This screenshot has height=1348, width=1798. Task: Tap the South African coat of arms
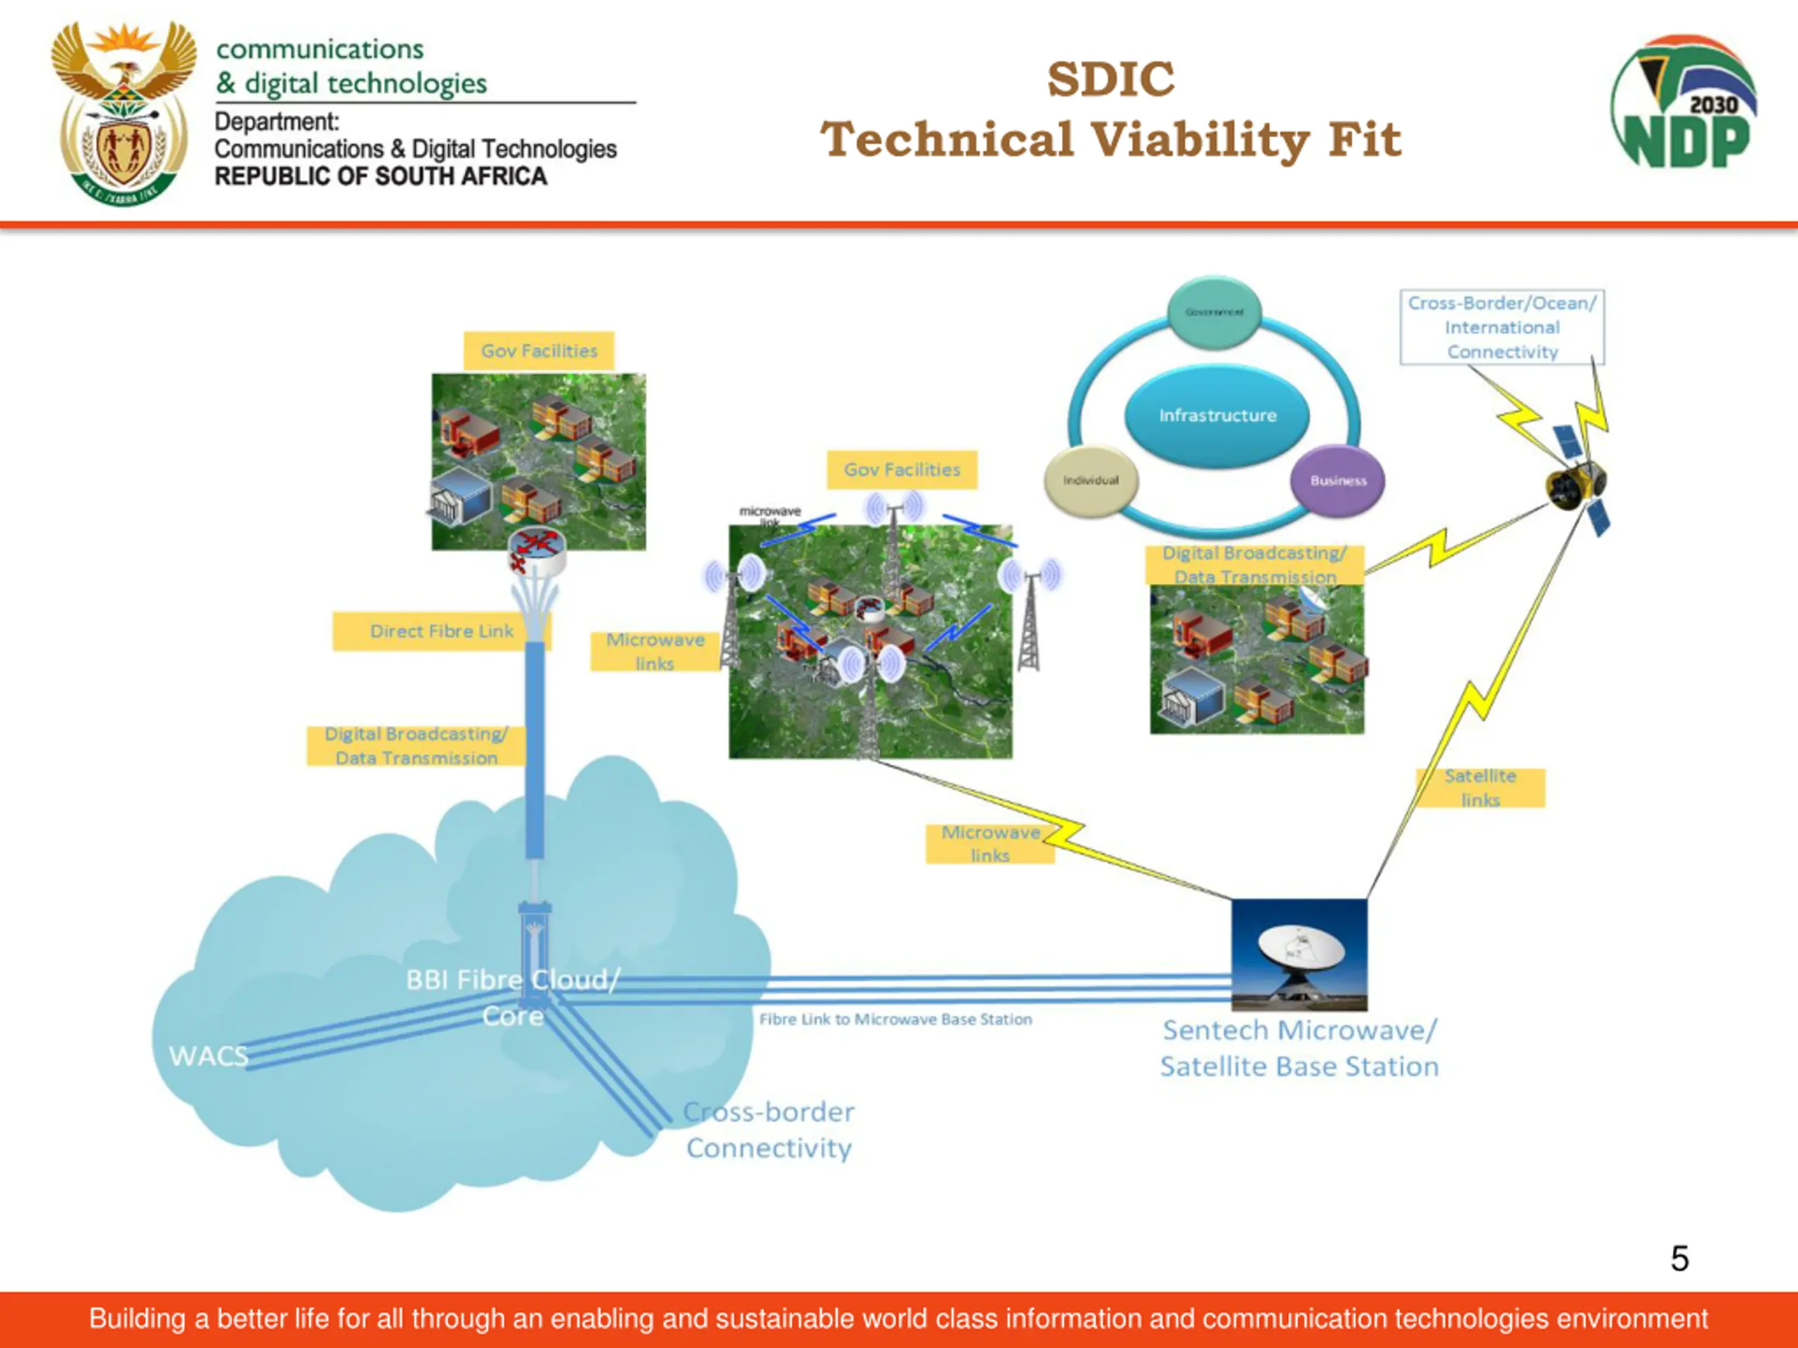click(x=124, y=114)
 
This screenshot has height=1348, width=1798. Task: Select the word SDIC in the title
click(x=1110, y=79)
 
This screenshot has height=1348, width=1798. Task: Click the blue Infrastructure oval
click(x=1217, y=415)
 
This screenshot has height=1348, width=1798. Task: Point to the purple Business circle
click(x=1337, y=480)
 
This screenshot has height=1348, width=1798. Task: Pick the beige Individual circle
click(x=1091, y=480)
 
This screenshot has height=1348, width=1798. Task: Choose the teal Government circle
click(x=1214, y=312)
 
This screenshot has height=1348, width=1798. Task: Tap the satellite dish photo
click(x=1299, y=954)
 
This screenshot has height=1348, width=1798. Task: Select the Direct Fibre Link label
click(x=441, y=631)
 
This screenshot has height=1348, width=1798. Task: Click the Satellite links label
click(x=1480, y=787)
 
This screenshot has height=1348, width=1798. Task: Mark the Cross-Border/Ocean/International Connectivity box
click(x=1502, y=326)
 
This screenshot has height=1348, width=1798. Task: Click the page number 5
click(x=1679, y=1259)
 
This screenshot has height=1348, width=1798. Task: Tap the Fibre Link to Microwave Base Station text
click(x=895, y=1019)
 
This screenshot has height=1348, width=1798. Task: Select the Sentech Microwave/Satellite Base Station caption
click(x=1299, y=1048)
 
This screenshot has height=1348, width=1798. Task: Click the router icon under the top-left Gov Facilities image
click(x=537, y=552)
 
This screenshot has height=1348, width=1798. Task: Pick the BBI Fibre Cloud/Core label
click(x=513, y=997)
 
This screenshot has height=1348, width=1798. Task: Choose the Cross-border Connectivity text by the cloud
click(x=768, y=1130)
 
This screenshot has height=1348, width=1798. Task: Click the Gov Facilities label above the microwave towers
click(x=901, y=470)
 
